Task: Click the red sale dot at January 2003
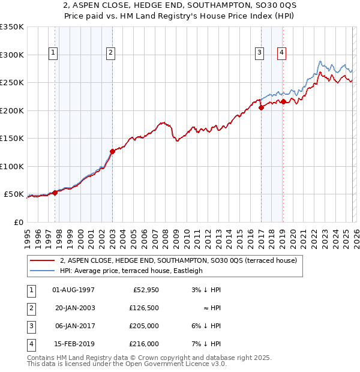112,151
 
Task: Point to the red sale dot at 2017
261,107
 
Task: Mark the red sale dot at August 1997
55,193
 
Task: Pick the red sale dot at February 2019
283,101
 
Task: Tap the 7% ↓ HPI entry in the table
208,344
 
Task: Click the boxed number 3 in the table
30,326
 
